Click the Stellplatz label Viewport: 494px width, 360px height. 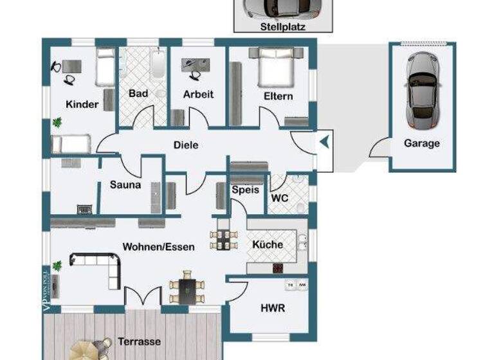tap(283, 27)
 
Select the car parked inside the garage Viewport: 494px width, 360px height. tap(421, 89)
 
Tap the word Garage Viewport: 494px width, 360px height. tap(421, 143)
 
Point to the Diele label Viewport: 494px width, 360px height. tap(186, 145)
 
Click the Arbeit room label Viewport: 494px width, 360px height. tap(198, 94)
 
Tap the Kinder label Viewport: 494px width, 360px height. tap(82, 104)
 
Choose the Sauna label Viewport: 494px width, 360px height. tap(125, 185)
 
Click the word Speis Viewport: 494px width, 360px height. tap(245, 190)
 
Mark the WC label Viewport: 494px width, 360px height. tap(280, 198)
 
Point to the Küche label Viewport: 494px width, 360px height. tap(268, 244)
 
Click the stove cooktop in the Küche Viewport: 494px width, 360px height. tap(279, 267)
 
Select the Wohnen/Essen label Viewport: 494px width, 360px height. tap(158, 247)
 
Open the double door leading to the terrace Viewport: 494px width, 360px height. tap(142, 298)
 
